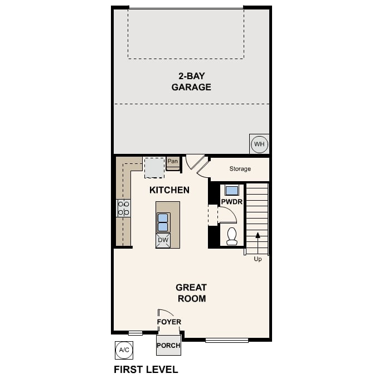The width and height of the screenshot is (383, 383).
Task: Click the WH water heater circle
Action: click(259, 144)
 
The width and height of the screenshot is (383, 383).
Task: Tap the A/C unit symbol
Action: click(124, 350)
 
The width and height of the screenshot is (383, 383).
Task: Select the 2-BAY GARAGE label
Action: click(191, 82)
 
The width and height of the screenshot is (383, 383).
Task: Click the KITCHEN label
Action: click(169, 190)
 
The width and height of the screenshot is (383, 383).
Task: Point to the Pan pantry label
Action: click(173, 162)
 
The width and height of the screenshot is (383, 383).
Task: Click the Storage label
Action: click(240, 168)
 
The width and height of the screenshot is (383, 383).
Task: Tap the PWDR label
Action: click(231, 202)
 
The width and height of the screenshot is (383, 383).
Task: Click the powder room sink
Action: click(231, 190)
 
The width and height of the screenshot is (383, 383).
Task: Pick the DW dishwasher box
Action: click(163, 240)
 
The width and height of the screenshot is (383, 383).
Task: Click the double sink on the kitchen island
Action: click(163, 222)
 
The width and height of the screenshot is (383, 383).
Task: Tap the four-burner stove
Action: click(123, 208)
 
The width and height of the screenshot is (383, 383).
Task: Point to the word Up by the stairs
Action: click(258, 259)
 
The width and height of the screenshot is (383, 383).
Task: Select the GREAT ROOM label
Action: click(191, 293)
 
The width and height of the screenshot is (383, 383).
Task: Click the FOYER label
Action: click(169, 322)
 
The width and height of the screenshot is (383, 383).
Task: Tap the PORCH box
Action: click(168, 345)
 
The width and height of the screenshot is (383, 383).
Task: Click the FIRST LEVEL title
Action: click(146, 369)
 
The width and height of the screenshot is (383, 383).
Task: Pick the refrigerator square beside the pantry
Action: click(154, 166)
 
